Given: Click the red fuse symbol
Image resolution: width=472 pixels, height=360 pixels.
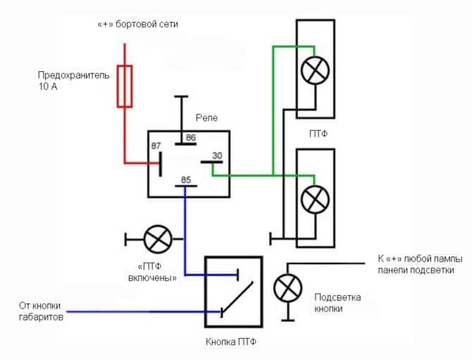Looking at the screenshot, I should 125,86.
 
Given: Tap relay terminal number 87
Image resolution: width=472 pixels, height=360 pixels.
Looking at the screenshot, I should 156,146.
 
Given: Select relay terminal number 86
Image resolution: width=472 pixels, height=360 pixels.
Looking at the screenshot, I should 190,138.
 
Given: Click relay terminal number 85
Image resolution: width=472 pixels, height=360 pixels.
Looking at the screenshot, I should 186,180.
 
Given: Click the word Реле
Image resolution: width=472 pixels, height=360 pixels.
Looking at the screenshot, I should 207,118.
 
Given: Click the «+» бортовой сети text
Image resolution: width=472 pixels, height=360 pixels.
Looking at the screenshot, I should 137,25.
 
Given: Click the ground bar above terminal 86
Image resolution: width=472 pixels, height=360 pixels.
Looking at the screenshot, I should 181,97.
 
